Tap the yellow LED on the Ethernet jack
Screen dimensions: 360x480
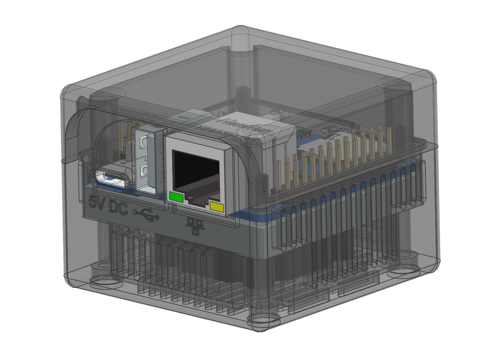217,207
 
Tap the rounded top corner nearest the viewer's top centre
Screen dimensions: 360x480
241,32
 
